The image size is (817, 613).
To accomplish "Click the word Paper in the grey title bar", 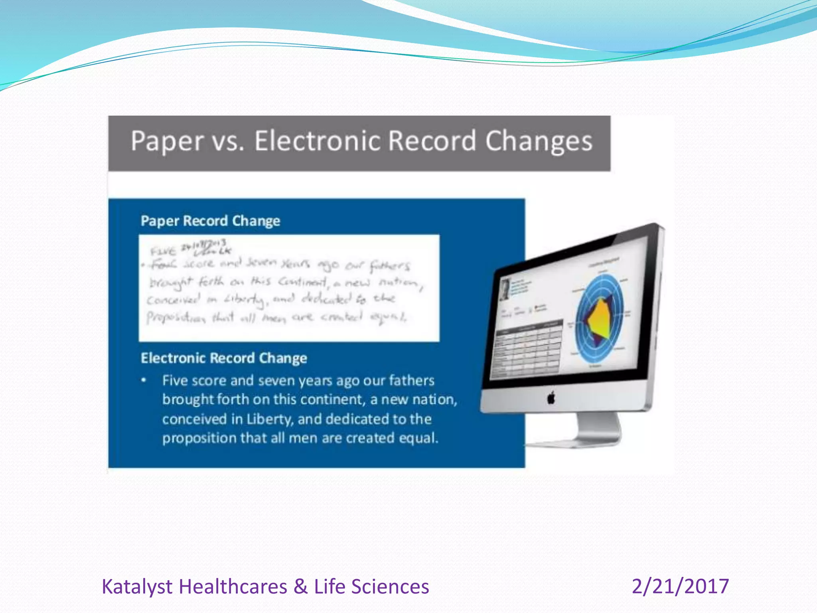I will [167, 142].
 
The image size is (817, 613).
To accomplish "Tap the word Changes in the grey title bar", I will [539, 142].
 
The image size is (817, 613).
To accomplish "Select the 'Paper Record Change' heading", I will [210, 221].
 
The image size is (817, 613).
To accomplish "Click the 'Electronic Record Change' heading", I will [224, 358].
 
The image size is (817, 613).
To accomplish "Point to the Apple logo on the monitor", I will [551, 397].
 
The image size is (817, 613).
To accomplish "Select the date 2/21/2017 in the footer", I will [680, 587].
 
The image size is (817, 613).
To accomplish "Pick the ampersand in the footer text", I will [300, 587].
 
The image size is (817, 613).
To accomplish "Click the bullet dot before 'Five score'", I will [144, 380].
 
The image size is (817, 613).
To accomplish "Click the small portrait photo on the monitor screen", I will [505, 289].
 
